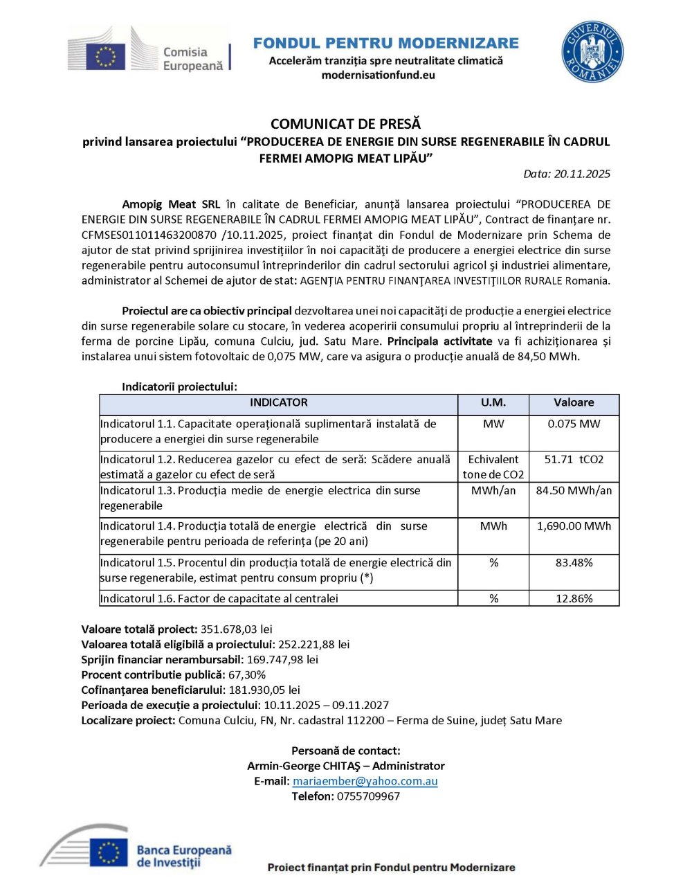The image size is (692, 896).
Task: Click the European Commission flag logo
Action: coord(106,56)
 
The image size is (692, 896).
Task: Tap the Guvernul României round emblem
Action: coord(592,52)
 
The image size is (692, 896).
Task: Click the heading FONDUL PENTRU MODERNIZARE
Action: coord(385,43)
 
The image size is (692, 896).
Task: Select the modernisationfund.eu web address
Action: coord(378,75)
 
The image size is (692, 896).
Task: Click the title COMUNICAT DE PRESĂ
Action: coord(345,124)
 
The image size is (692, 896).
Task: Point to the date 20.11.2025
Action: coord(582,174)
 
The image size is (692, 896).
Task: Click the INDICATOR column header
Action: coord(278,403)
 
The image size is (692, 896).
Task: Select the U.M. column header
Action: coord(493,403)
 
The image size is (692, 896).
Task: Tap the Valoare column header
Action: coord(574,403)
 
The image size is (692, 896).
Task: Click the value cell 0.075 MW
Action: coord(574,424)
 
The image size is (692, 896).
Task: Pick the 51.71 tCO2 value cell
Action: coord(574,460)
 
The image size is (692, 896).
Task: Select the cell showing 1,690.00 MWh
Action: coord(574,526)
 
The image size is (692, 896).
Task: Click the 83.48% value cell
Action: coord(574,563)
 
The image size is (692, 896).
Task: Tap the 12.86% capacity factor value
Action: coord(574,598)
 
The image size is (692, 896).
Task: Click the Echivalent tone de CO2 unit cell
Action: coord(493,467)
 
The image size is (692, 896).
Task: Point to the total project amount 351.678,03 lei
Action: coord(236,629)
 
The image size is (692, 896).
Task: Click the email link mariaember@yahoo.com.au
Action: coord(365,781)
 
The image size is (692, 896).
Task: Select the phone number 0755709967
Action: coord(368,796)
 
